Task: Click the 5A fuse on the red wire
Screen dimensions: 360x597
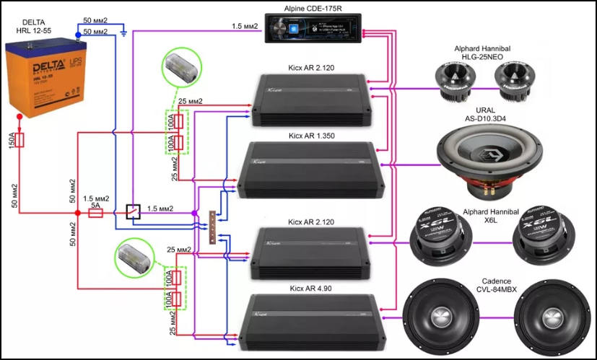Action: [x=95, y=213]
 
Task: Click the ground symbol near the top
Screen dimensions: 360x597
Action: [x=124, y=32]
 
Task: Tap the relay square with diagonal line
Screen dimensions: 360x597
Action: [x=131, y=211]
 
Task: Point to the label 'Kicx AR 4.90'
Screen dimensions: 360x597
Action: [x=311, y=288]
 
